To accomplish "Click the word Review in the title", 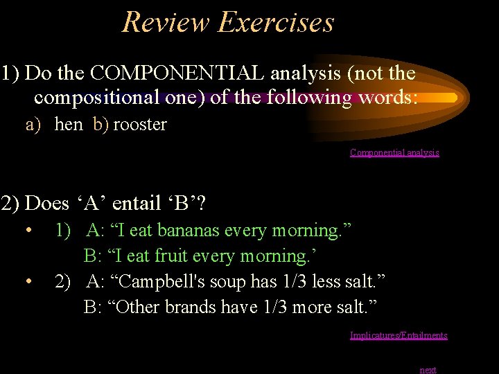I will [x=166, y=22].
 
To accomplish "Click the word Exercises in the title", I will [x=276, y=22].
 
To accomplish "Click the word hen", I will [x=68, y=125].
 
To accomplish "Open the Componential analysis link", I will [x=394, y=152].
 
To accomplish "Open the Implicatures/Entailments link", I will [x=399, y=335].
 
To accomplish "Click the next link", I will [x=428, y=370].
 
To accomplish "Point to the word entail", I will [x=137, y=204].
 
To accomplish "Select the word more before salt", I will [x=310, y=307].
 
